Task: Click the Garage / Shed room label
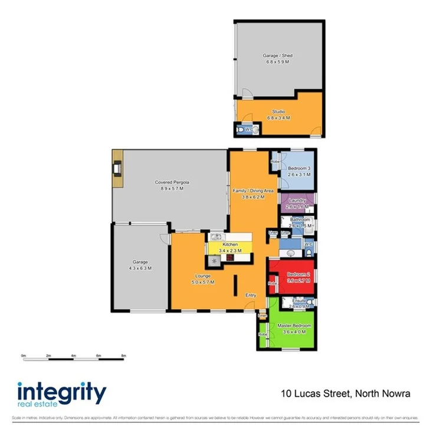277,55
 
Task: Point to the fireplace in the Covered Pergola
117,169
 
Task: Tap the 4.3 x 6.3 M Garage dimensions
140,268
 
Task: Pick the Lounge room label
202,276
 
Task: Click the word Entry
251,295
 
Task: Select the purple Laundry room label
297,201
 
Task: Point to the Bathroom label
300,220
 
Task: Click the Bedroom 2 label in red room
298,274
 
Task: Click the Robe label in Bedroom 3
275,161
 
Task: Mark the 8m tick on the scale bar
123,356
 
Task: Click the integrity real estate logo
61,394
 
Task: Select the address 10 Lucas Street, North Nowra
345,393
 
